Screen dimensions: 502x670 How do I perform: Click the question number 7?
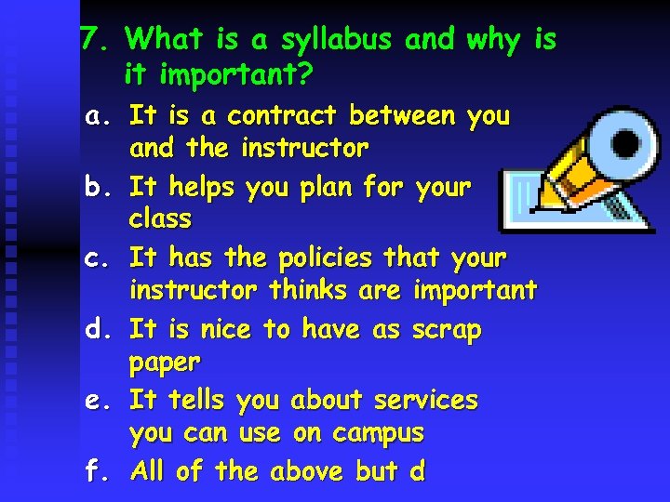(x=91, y=39)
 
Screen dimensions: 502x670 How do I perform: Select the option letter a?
(x=95, y=117)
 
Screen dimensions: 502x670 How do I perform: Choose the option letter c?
(x=95, y=258)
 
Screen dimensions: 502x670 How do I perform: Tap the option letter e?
(x=95, y=401)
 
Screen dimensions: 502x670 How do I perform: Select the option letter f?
(x=95, y=471)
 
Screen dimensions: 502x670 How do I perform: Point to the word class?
(x=160, y=220)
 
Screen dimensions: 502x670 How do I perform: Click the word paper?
(x=165, y=363)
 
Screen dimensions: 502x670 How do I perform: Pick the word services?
(x=425, y=401)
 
